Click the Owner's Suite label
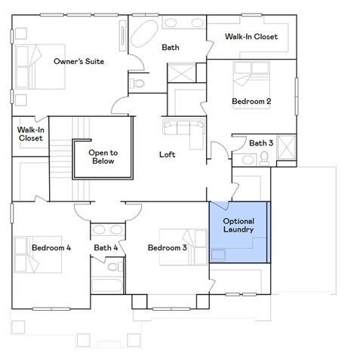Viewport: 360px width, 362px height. pyautogui.click(x=78, y=61)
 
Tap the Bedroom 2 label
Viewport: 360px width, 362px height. pyautogui.click(x=251, y=101)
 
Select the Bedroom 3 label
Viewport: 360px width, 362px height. pyautogui.click(x=167, y=248)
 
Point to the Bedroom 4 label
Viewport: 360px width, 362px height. pyautogui.click(x=51, y=247)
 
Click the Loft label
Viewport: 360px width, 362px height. pyautogui.click(x=167, y=155)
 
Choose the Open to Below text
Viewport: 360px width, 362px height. pyautogui.click(x=103, y=157)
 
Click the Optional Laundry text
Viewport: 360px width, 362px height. pyautogui.click(x=238, y=225)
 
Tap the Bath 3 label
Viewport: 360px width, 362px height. pyautogui.click(x=261, y=143)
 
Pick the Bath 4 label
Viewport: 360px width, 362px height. pyautogui.click(x=106, y=248)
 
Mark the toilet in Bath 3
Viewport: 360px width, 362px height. pyautogui.click(x=265, y=158)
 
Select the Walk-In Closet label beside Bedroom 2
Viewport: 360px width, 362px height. pyautogui.click(x=251, y=37)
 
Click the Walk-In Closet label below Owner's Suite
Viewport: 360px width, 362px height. pyautogui.click(x=31, y=133)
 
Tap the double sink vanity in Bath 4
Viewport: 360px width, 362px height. pyautogui.click(x=106, y=229)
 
